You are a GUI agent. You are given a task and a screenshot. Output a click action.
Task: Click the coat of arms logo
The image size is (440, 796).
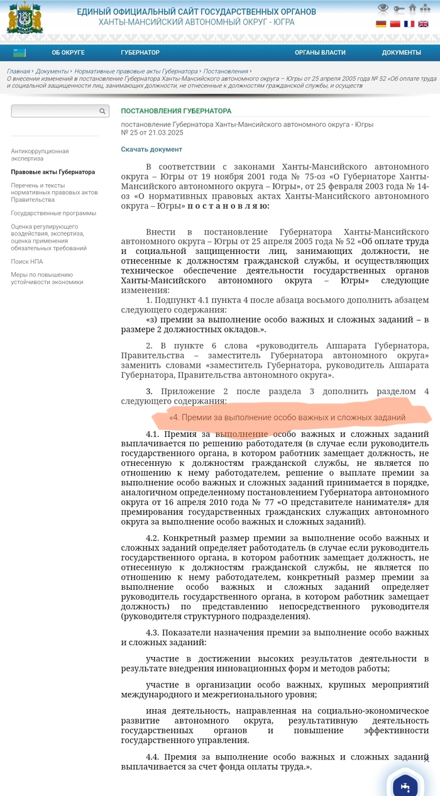25,18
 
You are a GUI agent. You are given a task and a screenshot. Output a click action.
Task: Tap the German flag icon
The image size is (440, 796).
381,24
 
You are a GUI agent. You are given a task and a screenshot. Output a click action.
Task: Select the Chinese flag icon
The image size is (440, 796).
395,24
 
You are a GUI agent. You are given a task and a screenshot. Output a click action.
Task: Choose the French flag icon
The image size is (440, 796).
409,24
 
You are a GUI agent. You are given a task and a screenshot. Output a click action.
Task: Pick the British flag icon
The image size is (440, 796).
424,24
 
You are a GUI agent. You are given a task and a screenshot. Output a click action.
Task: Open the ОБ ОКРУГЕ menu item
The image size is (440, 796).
68,53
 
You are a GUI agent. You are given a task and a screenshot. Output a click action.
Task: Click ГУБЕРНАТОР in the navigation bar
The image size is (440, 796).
140,53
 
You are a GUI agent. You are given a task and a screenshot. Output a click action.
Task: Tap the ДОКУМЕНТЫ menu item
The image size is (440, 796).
401,53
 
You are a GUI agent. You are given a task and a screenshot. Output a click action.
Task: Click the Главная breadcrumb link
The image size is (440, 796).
18,72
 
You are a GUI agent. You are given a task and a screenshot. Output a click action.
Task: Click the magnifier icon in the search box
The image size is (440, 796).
102,111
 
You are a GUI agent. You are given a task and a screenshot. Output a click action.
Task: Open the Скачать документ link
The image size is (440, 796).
151,150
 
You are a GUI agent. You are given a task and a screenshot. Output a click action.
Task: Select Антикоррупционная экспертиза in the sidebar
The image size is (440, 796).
40,155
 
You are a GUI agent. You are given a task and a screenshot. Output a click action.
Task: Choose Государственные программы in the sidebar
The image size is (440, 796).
53,213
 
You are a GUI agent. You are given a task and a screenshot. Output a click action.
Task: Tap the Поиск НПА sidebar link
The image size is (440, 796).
26,262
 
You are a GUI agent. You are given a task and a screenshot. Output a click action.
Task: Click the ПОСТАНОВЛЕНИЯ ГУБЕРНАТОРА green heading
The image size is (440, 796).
176,111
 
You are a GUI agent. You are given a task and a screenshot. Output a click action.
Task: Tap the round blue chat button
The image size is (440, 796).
405,786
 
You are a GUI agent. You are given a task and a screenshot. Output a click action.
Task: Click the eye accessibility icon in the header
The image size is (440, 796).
383,9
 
